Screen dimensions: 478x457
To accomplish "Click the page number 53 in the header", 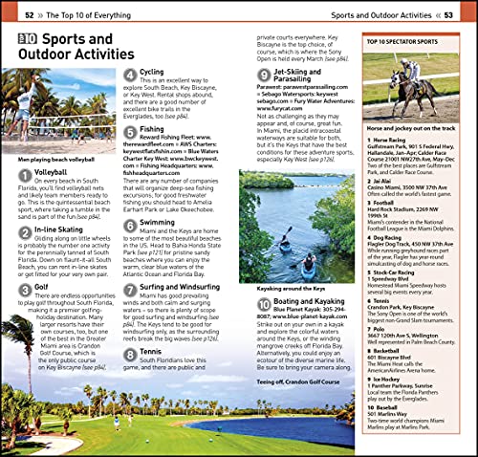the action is click(x=447, y=14).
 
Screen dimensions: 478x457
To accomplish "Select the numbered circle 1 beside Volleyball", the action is click(x=24, y=175).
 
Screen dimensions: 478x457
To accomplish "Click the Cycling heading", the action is click(x=151, y=72).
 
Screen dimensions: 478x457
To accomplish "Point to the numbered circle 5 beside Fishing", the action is click(x=129, y=129).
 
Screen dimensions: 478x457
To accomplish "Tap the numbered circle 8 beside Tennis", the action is click(x=129, y=352).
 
